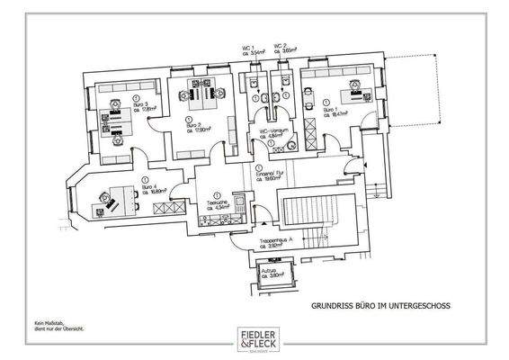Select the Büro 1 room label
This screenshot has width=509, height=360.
(x=345, y=111)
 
